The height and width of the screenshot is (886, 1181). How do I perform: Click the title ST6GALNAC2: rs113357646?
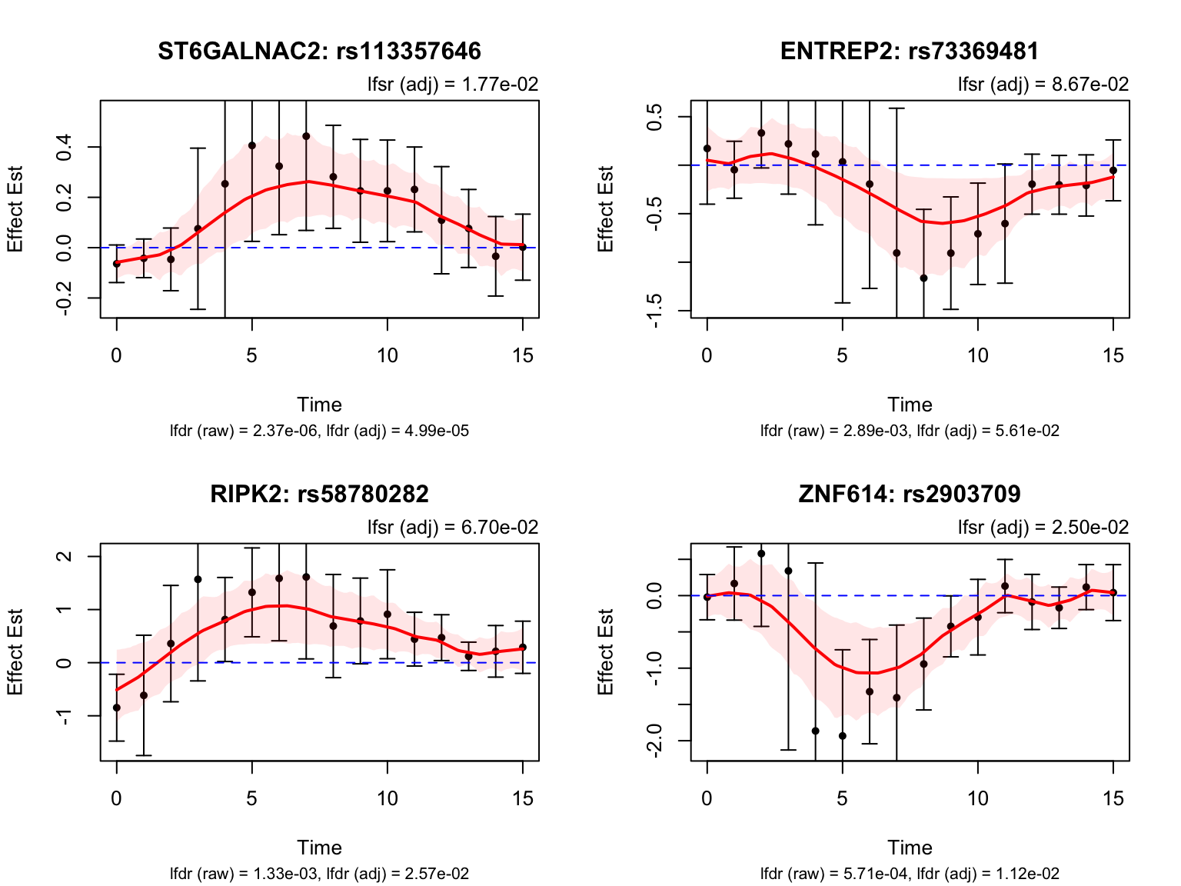click(x=319, y=52)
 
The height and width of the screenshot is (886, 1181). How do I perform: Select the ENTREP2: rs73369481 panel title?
click(x=910, y=52)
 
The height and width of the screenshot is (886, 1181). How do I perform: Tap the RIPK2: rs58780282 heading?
click(x=319, y=494)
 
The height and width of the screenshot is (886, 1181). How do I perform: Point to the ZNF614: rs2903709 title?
click(x=910, y=494)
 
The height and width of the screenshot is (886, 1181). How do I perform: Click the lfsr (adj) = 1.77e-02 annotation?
click(x=453, y=85)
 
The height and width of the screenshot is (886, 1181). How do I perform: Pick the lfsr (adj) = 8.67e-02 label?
click(x=1043, y=85)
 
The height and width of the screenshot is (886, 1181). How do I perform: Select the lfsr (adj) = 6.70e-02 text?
click(x=453, y=528)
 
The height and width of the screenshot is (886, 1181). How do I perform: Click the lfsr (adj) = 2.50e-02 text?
click(x=1043, y=528)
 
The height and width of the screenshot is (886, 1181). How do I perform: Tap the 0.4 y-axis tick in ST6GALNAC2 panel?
click(x=65, y=146)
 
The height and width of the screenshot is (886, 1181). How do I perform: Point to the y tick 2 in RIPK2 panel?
click(x=65, y=556)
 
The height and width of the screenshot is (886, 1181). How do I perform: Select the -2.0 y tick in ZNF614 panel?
click(x=655, y=741)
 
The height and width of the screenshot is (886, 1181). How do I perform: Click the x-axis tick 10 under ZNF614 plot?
click(x=977, y=799)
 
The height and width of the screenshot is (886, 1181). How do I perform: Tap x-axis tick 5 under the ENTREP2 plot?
click(x=842, y=356)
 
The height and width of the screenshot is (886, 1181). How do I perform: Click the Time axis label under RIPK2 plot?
click(x=319, y=848)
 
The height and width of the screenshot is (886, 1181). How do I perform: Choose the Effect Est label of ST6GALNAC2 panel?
click(x=15, y=208)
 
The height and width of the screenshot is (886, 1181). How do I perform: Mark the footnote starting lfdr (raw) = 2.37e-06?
click(x=319, y=431)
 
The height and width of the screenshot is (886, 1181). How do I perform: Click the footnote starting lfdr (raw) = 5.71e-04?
click(x=910, y=874)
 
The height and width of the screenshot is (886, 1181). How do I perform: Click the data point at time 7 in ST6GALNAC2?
click(x=306, y=136)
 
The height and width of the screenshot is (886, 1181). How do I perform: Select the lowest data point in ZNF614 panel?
click(x=842, y=736)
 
